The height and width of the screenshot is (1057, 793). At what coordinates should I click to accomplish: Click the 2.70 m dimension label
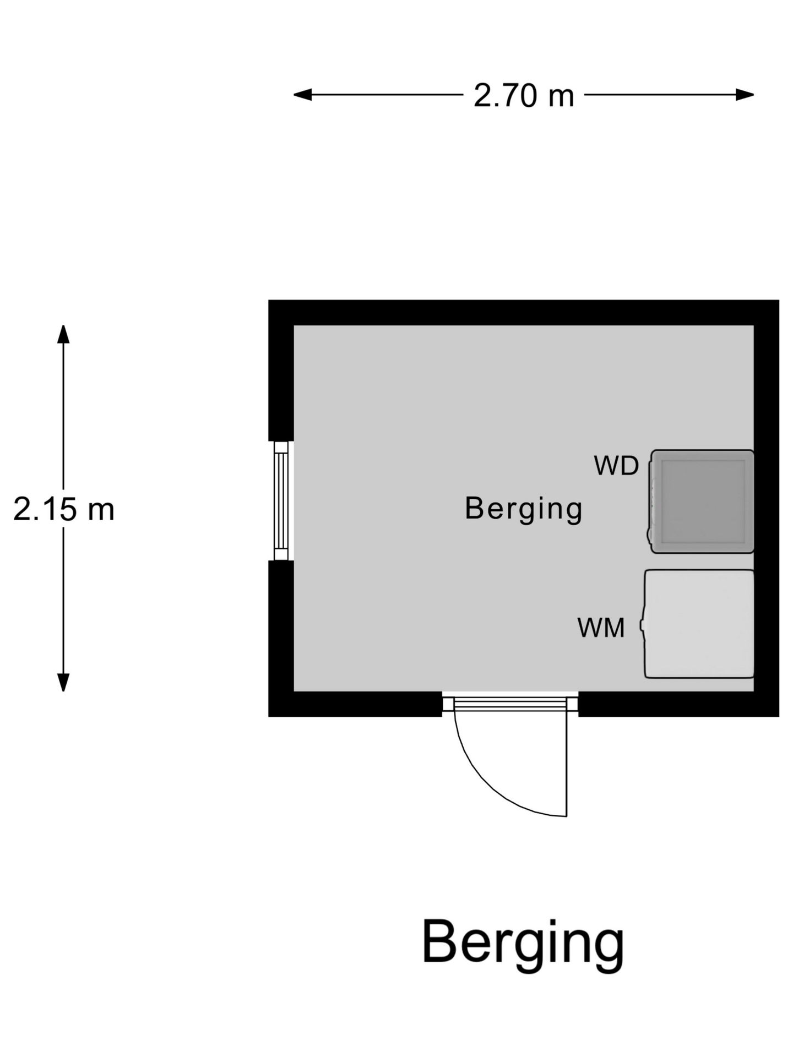coord(524,96)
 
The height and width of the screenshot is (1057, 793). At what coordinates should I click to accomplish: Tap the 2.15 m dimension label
coord(64,509)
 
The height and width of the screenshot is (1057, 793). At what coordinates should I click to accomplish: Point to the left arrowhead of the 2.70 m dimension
coord(302,95)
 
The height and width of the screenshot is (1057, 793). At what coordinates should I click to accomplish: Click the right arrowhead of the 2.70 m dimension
coord(745,95)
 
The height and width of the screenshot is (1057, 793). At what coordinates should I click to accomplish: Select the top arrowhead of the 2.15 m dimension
coord(63,334)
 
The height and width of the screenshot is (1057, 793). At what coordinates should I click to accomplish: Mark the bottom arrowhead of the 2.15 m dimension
coord(63,683)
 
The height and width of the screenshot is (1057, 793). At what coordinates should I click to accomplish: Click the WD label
coord(616,466)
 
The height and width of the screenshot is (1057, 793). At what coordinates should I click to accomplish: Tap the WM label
coord(601,628)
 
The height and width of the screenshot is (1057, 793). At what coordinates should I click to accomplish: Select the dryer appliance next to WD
coord(702,502)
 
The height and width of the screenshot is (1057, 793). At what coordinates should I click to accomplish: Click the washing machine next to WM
coord(698,624)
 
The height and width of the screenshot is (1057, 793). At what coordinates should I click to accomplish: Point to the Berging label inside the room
coord(524,509)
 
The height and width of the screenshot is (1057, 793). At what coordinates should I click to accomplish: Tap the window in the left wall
coord(281,500)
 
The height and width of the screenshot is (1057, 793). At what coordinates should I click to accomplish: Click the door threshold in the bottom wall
coord(510,704)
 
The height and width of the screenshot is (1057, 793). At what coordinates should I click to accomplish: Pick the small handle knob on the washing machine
coord(642,625)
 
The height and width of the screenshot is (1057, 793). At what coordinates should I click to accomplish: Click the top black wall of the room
coord(524,313)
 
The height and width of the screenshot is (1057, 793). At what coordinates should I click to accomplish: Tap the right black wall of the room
coord(767,508)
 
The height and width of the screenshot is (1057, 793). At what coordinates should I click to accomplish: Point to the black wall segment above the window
coord(281,371)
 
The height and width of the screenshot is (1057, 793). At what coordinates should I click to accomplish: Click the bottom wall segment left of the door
coord(355,704)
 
